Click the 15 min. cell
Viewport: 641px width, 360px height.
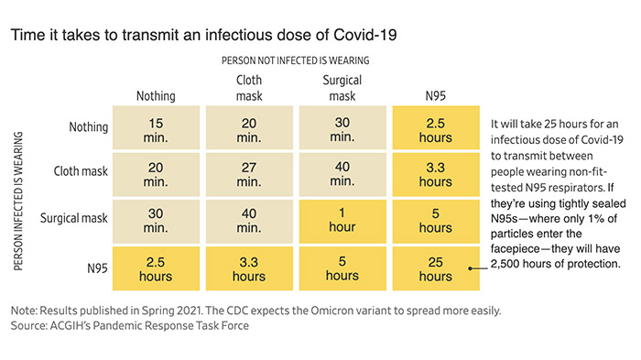pyautogui.click(x=157, y=127)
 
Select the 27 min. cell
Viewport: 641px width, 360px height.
pyautogui.click(x=249, y=174)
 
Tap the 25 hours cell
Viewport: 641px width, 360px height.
pyautogui.click(x=436, y=268)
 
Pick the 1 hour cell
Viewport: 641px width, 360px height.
pyautogui.click(x=342, y=222)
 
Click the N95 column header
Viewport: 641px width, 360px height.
pyautogui.click(x=435, y=96)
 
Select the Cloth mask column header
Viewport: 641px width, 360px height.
pyautogui.click(x=249, y=88)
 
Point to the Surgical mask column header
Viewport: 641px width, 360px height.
pyautogui.click(x=342, y=88)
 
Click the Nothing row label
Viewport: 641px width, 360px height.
pyautogui.click(x=88, y=127)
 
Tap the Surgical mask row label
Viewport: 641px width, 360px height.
pyautogui.click(x=74, y=218)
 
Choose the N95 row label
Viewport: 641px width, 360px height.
pyautogui.click(x=97, y=268)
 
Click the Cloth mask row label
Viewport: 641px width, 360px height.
pyautogui.click(x=81, y=171)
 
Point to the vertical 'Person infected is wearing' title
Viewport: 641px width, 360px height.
pyautogui.click(x=18, y=201)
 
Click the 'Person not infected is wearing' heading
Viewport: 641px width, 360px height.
pyautogui.click(x=295, y=60)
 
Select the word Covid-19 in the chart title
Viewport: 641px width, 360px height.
pyautogui.click(x=365, y=35)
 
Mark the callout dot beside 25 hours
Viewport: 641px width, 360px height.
pyautogui.click(x=470, y=268)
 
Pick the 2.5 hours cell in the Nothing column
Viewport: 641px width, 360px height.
pyautogui.click(x=157, y=268)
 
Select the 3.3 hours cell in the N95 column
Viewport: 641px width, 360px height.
pyautogui.click(x=436, y=174)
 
